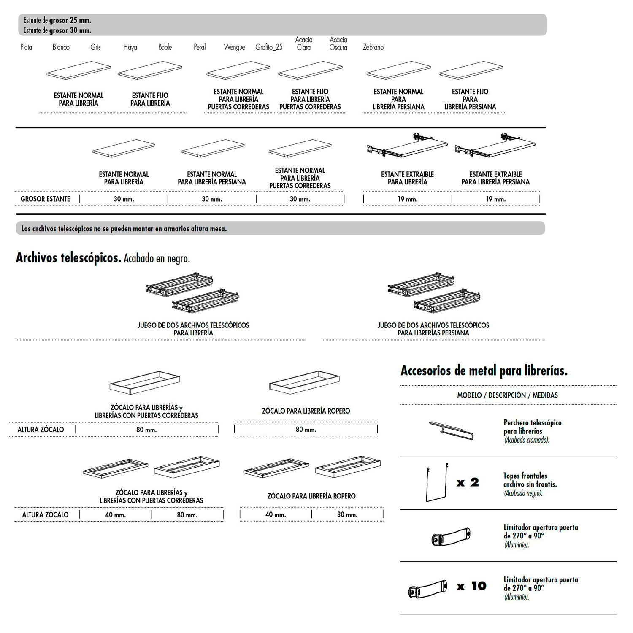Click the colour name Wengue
234,47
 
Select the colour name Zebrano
373,47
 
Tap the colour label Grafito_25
269,47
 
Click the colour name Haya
130,47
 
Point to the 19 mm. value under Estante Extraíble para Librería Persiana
495,199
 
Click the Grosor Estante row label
46,199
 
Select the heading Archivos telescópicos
68,257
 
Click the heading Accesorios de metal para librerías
484,371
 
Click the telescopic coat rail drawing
451,430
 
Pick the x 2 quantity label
468,482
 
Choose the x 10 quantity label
471,586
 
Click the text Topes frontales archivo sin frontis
530,480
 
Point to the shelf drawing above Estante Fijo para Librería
150,70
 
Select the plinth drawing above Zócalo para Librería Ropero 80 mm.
304,382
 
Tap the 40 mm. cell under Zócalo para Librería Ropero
276,515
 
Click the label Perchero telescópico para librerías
532,427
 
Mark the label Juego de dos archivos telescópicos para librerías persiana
433,329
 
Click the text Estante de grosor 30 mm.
57,30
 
